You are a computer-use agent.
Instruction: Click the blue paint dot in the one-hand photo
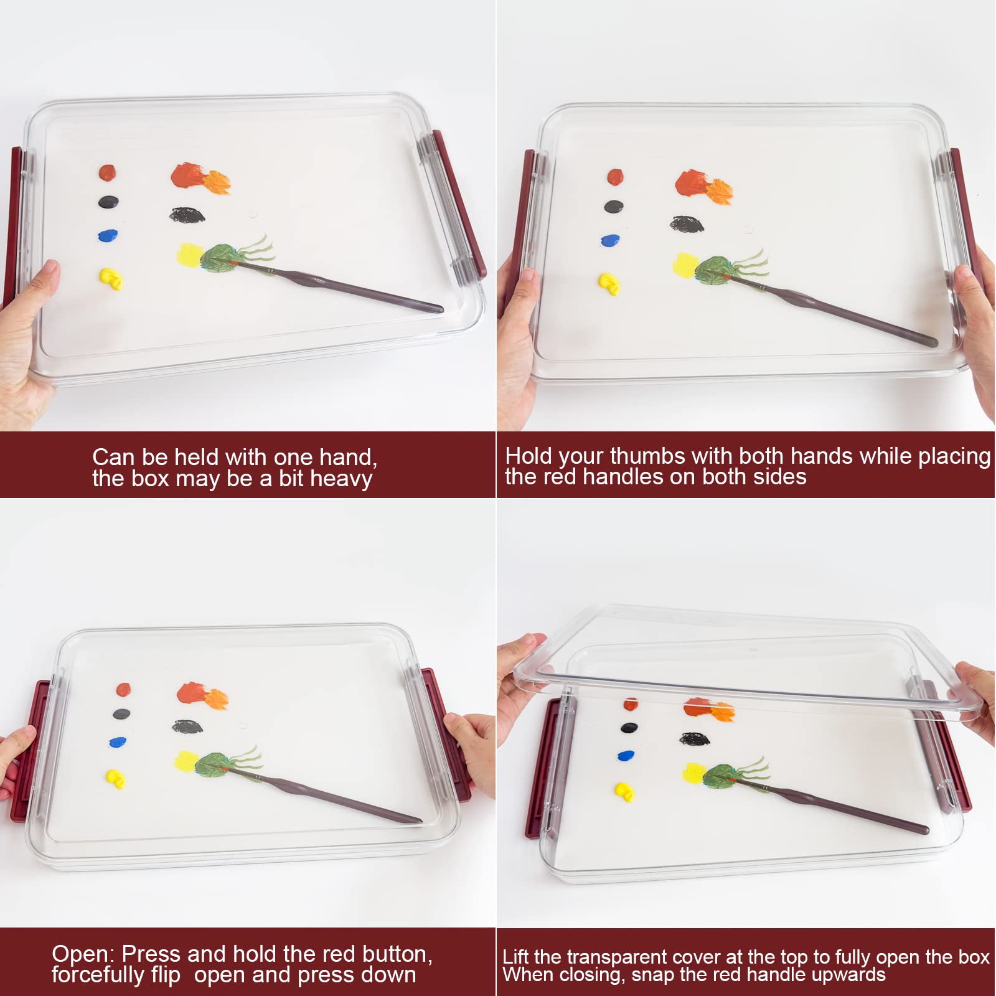(x=108, y=235)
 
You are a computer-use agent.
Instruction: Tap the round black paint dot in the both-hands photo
(x=614, y=206)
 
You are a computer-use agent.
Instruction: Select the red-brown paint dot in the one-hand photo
(x=107, y=172)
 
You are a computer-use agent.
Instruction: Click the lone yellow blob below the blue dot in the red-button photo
(x=116, y=778)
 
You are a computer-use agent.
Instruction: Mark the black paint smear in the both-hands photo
(x=686, y=223)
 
